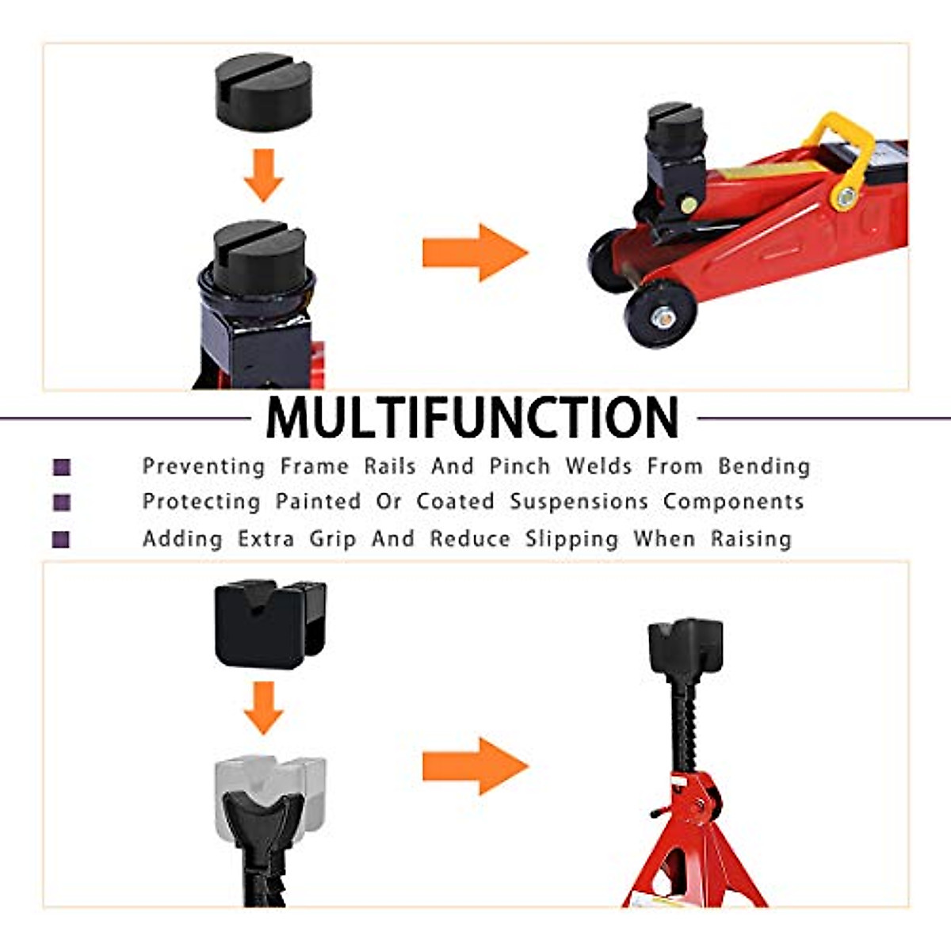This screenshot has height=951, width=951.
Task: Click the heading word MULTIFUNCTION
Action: (472, 418)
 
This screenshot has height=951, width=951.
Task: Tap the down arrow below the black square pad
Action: (263, 708)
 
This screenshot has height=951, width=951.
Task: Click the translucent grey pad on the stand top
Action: (269, 789)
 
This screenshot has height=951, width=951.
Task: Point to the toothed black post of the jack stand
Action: (683, 725)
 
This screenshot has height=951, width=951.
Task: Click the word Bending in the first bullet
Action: (764, 466)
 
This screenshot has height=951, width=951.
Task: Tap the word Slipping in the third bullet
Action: (571, 539)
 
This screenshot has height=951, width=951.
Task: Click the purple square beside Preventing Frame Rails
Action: (62, 467)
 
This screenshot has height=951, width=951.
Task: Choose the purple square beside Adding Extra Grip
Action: (62, 540)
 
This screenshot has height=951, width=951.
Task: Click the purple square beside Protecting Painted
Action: (62, 502)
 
